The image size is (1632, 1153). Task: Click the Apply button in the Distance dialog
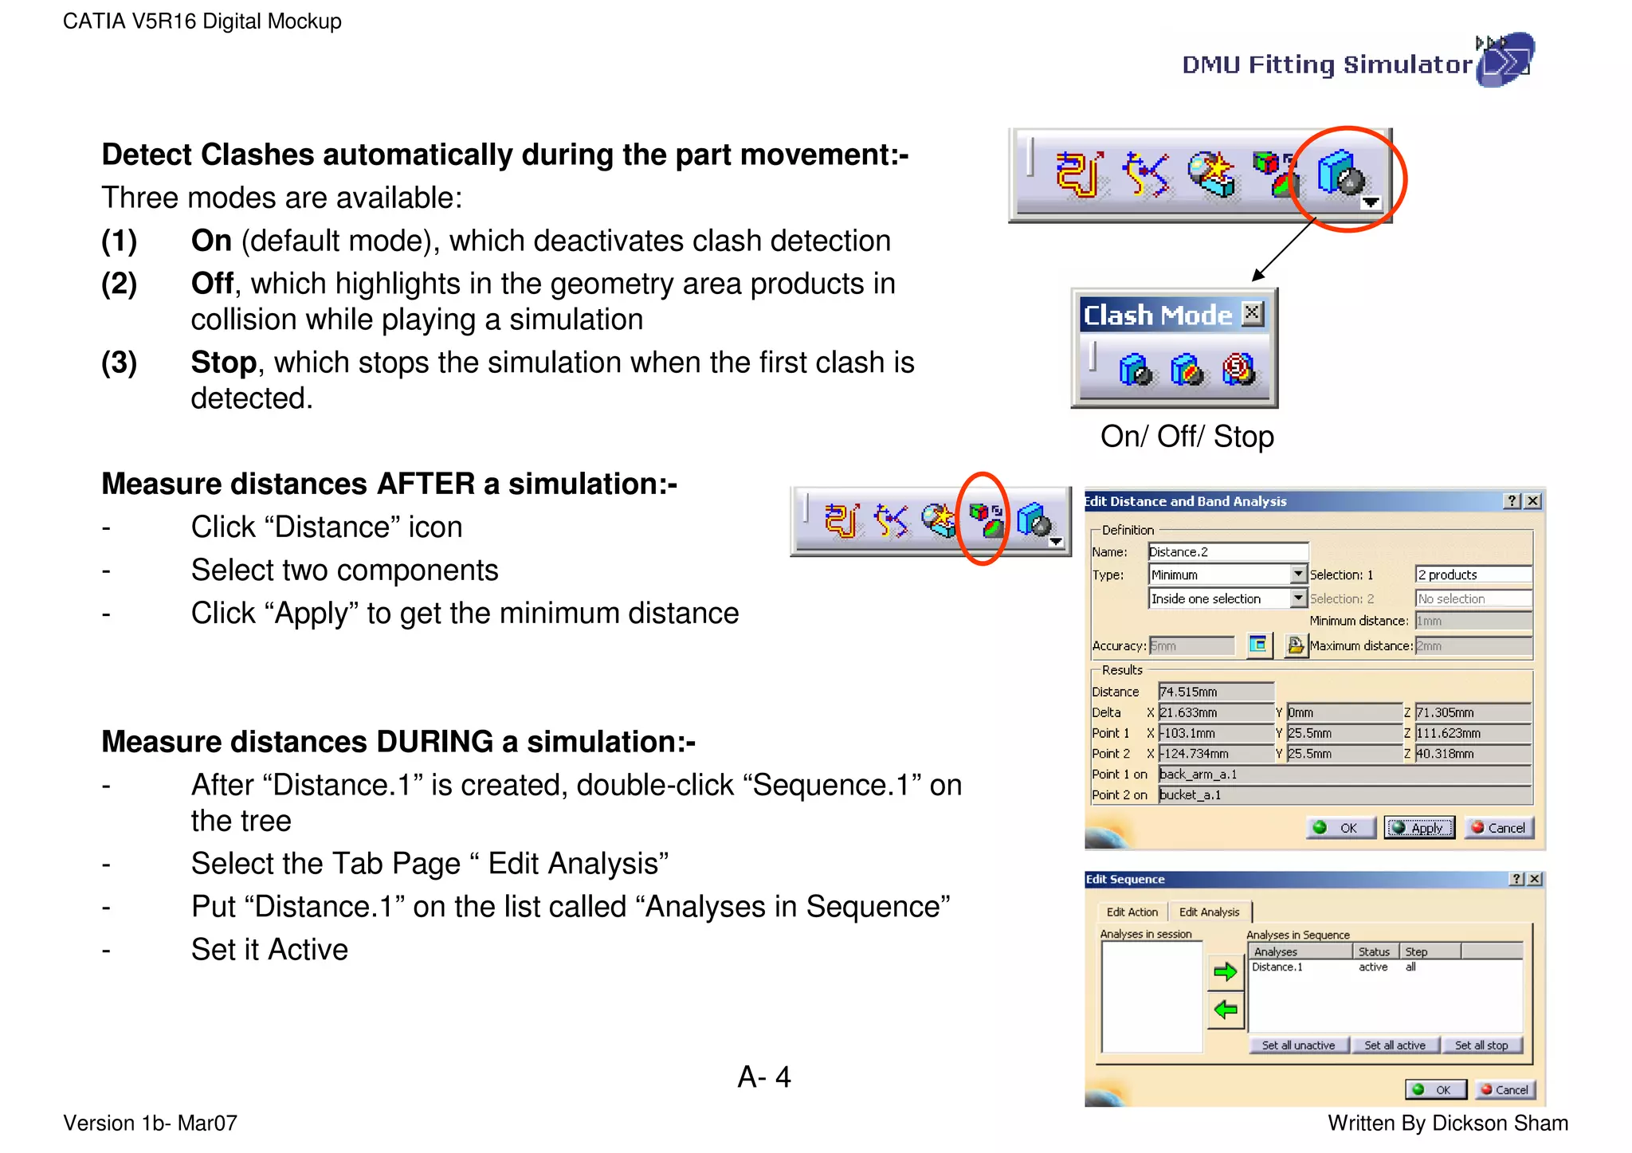(x=1419, y=828)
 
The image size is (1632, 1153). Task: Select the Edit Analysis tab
(x=1209, y=912)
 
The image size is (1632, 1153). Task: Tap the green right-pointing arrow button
(x=1225, y=971)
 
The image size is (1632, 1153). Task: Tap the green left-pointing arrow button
(x=1225, y=1010)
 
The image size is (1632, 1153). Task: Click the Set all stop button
(x=1481, y=1045)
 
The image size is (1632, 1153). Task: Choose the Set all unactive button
(x=1298, y=1045)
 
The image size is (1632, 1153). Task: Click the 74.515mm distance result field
(x=1215, y=692)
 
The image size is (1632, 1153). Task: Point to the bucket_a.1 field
(x=1344, y=794)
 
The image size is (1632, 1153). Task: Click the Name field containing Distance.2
(x=1227, y=551)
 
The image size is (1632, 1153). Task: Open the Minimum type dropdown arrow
(x=1298, y=574)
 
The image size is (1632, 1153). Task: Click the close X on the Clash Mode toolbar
(x=1253, y=313)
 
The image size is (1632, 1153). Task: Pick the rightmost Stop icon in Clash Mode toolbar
(x=1238, y=370)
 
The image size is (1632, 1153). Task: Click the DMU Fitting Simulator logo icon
(x=1504, y=60)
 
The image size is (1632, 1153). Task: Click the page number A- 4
(x=763, y=1077)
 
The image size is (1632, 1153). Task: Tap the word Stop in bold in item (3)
(x=223, y=363)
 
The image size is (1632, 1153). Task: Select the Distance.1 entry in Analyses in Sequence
(x=1277, y=967)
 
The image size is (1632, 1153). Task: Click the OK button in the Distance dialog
(x=1340, y=828)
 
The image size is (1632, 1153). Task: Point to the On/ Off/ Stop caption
(x=1187, y=437)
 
